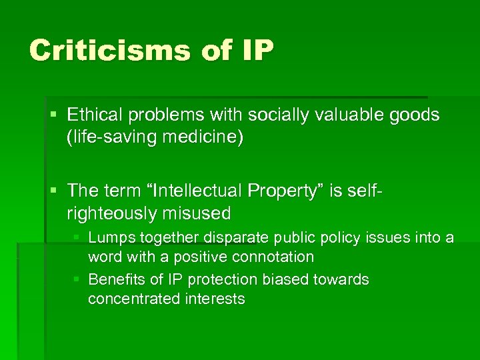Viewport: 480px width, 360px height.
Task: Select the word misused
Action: (x=198, y=213)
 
